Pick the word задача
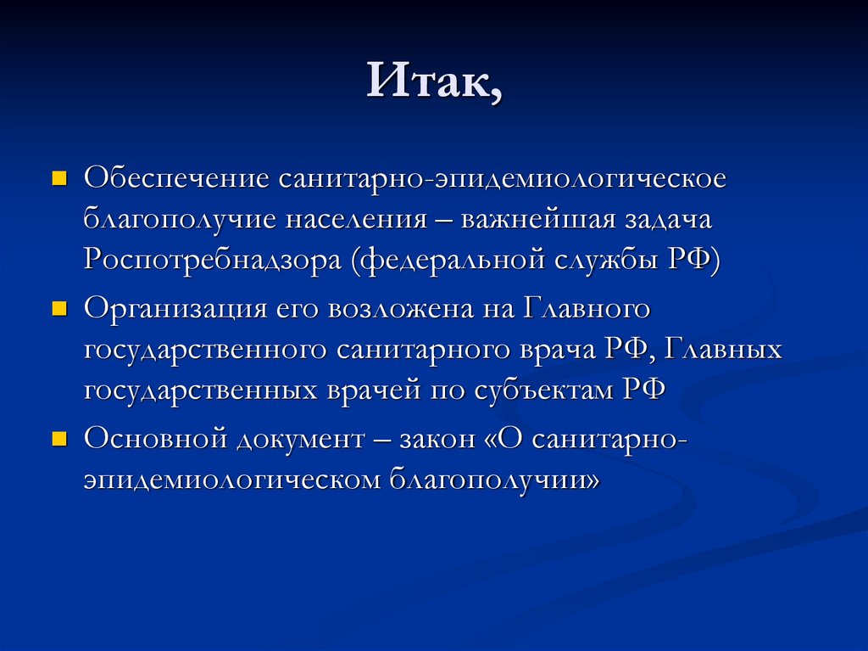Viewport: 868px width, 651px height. coord(669,220)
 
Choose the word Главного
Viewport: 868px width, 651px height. coord(587,309)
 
